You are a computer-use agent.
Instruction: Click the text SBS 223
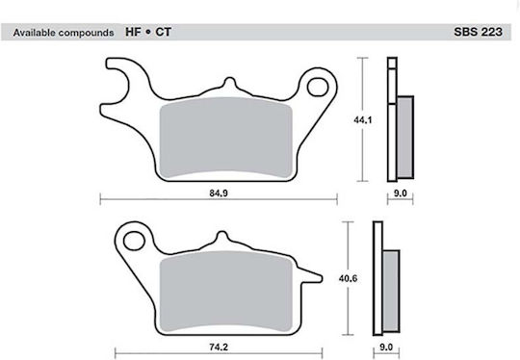(x=478, y=32)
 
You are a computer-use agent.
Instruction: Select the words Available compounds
(x=64, y=33)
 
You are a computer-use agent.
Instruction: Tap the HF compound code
(x=133, y=32)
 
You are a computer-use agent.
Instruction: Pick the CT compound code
(x=163, y=32)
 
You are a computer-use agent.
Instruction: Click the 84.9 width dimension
(x=219, y=193)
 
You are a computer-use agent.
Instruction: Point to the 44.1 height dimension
(x=363, y=120)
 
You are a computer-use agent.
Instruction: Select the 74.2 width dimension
(x=219, y=347)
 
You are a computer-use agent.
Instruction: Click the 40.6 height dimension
(x=348, y=278)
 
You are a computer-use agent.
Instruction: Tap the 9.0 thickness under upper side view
(x=400, y=193)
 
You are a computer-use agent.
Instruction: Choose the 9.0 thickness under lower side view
(x=386, y=347)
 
